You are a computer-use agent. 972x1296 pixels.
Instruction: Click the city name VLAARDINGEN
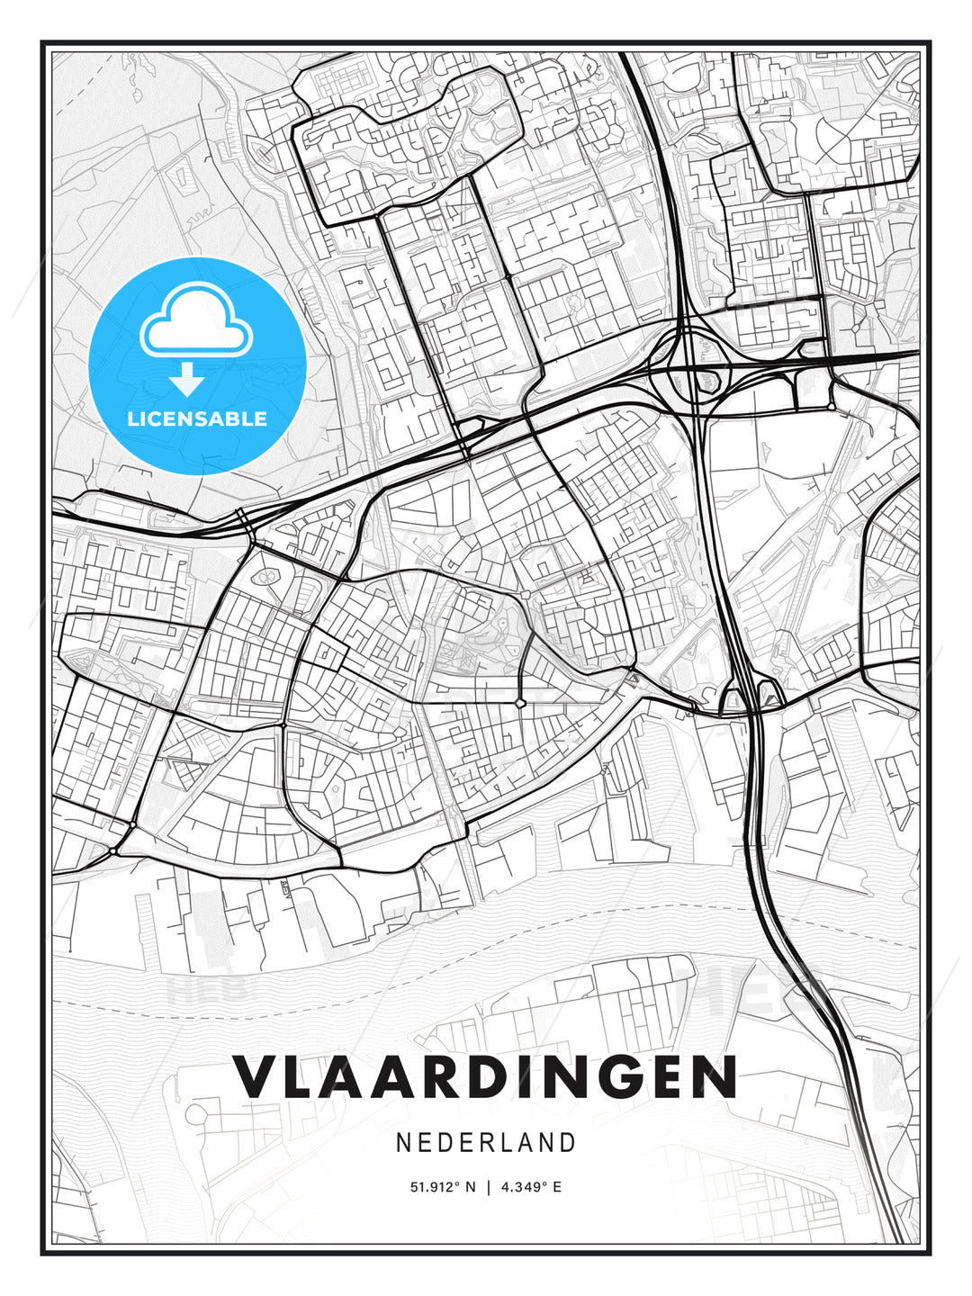(486, 1077)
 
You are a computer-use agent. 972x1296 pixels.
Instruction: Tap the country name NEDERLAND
(486, 1143)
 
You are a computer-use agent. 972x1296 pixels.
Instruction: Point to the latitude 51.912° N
(442, 1187)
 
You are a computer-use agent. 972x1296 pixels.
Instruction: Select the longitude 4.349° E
(532, 1187)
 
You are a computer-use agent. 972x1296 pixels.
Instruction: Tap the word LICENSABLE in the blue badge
(197, 418)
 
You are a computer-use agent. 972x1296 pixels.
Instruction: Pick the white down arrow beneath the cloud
(187, 379)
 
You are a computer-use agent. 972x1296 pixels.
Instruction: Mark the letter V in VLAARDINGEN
(255, 1077)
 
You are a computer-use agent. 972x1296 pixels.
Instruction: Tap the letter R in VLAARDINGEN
(450, 1077)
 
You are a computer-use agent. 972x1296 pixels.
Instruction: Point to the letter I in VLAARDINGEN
(539, 1077)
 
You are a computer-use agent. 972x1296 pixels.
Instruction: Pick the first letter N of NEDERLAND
(404, 1143)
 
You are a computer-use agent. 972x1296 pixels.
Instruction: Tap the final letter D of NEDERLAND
(567, 1143)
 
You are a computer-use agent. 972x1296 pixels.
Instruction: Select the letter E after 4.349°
(557, 1187)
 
